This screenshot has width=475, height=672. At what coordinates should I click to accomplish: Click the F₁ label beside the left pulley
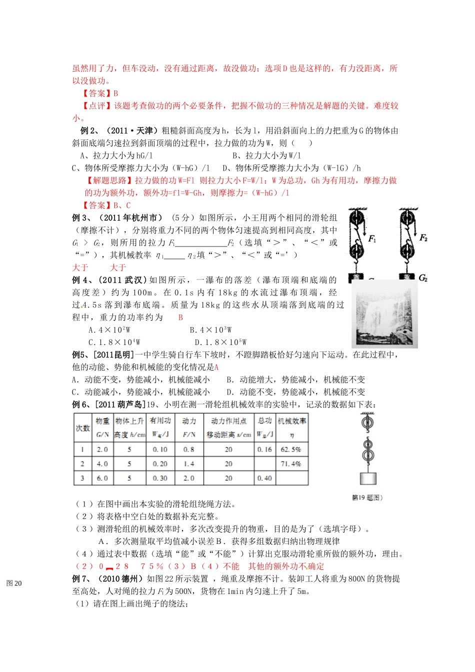tap(372, 239)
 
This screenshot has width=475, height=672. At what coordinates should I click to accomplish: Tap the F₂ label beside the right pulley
tap(423, 238)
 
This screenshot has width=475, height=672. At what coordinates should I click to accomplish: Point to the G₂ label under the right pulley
tap(423, 277)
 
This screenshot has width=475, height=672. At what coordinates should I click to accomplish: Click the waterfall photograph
tap(384, 313)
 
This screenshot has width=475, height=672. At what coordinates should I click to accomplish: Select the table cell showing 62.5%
tap(291, 449)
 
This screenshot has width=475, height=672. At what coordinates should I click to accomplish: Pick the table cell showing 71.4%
tap(291, 464)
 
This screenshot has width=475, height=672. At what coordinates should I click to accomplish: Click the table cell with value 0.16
tap(264, 449)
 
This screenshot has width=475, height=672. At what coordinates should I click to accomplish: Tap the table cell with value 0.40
tap(264, 478)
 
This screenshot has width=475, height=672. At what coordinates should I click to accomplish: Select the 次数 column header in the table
tap(82, 428)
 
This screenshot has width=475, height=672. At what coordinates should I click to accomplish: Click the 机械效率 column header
tap(292, 421)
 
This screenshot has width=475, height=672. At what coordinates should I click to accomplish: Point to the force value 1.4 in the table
tap(189, 464)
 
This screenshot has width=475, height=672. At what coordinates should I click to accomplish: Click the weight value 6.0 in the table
tap(102, 478)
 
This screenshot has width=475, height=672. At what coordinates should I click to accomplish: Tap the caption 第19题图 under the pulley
tap(367, 497)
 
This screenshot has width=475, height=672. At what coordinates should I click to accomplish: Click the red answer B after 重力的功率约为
tap(180, 317)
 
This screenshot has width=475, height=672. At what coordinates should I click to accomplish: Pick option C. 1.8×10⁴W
tap(114, 342)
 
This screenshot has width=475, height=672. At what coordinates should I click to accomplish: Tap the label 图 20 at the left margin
tap(14, 583)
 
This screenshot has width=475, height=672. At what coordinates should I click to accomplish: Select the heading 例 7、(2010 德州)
tap(108, 579)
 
